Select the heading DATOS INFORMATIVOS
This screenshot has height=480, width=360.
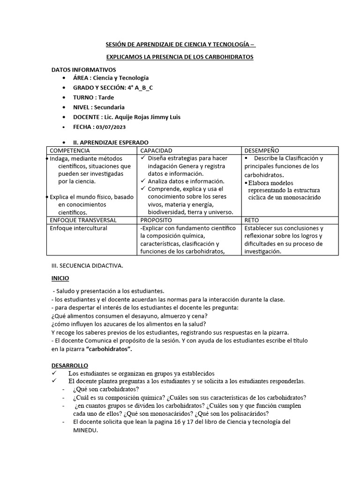coord(83,69)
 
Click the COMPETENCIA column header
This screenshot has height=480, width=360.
coord(70,150)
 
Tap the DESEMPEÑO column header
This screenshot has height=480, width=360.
coord(262,150)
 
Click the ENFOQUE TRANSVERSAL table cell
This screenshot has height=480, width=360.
coord(83,220)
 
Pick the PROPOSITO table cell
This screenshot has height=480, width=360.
coord(156,220)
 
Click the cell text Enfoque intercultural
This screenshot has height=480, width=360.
coord(78,228)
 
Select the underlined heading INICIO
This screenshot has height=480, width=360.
coord(60,278)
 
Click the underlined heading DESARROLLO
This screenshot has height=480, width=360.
coord(69,365)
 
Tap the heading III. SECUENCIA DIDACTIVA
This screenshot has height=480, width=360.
coord(87,266)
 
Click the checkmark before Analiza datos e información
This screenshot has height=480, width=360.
coord(144,181)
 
